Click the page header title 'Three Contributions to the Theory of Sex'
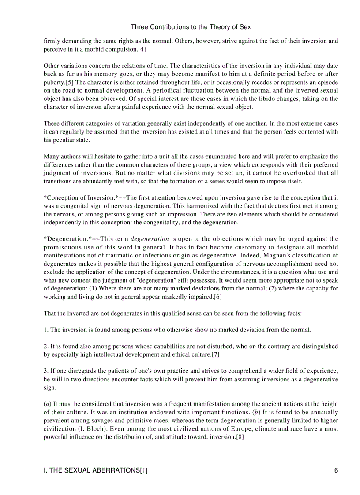[x=191, y=27]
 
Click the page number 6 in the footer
[x=336, y=470]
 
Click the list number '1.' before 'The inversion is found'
[x=46, y=329]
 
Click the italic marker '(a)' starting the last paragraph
[x=48, y=404]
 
